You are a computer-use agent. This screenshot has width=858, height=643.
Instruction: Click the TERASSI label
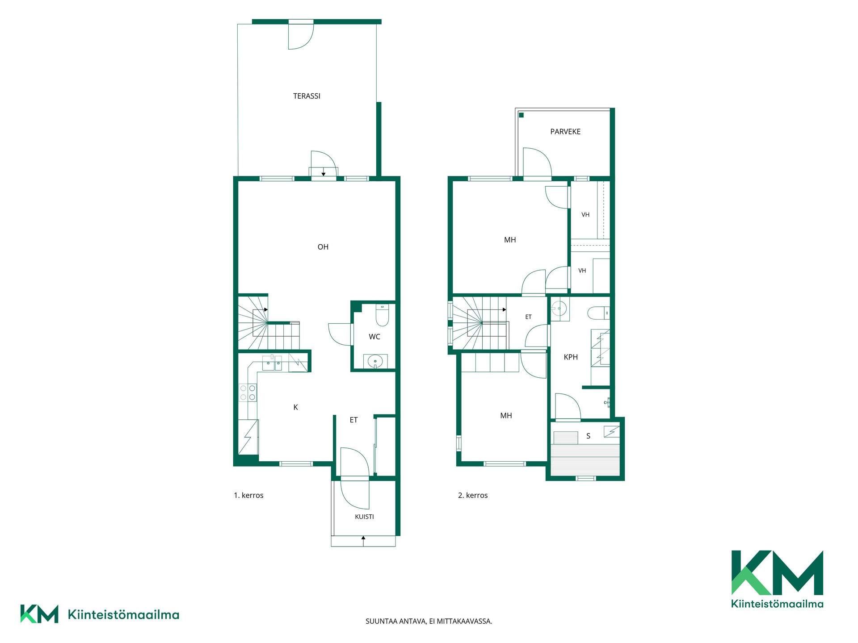307,96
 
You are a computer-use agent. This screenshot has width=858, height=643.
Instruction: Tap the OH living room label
323,247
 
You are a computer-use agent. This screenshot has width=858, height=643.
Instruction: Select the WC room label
374,337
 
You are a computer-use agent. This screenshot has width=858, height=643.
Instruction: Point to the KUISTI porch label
364,517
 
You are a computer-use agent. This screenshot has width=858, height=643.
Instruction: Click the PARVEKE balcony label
565,132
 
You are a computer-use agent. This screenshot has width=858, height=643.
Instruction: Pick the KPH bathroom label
571,357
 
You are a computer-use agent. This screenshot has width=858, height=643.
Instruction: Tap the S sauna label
588,436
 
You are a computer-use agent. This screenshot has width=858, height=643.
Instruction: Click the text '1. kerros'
248,495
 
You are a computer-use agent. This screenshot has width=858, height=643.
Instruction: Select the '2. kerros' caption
473,495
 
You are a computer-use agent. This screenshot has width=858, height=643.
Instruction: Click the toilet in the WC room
382,315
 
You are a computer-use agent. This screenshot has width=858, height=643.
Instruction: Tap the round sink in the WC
375,360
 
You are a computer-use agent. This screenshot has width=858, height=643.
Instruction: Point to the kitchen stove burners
248,392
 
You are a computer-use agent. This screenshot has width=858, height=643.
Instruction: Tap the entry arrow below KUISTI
363,541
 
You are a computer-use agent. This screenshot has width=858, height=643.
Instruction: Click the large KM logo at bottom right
777,579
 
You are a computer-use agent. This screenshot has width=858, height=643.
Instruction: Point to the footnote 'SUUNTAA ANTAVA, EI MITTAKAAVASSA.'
429,621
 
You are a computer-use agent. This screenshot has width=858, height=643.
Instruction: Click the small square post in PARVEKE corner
521,115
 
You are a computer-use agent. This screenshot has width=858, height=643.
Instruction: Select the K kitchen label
295,407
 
